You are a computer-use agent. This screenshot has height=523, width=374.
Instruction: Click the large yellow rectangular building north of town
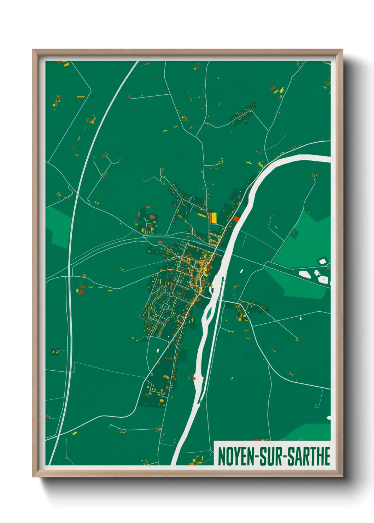213,217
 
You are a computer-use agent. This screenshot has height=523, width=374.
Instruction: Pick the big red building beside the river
236,219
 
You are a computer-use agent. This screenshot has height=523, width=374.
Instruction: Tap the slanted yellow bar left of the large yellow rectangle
201,215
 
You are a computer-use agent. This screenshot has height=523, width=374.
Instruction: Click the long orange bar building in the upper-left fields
81,96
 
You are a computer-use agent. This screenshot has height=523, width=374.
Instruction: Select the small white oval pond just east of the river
242,271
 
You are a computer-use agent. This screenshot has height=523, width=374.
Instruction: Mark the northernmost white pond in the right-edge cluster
322,261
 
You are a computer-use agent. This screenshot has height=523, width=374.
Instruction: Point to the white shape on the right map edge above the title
329,418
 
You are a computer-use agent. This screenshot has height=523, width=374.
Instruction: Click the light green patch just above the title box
311,432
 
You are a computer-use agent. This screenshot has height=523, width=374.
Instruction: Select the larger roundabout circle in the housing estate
165,307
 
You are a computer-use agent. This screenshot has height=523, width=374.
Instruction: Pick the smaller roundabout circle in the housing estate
171,294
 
